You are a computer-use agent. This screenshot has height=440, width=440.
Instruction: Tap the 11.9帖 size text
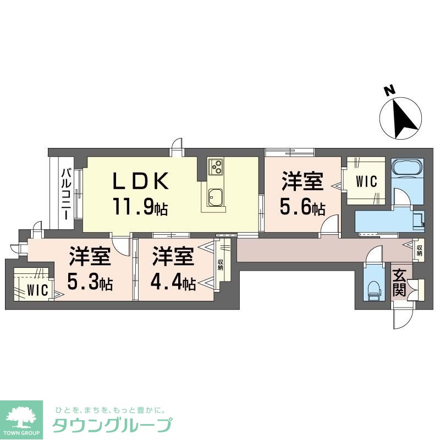(140, 207)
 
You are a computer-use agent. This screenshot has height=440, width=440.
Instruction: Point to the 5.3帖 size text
(90, 283)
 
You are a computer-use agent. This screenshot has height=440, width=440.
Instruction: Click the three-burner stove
(215, 165)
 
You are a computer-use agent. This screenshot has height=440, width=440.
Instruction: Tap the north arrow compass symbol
(402, 119)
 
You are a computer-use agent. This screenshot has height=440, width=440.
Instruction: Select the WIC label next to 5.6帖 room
(366, 181)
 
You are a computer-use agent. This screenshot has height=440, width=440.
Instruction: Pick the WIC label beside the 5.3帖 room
(38, 289)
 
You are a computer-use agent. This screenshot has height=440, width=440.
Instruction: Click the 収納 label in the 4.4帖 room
(221, 265)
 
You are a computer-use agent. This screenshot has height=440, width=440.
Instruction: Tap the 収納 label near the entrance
(420, 251)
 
